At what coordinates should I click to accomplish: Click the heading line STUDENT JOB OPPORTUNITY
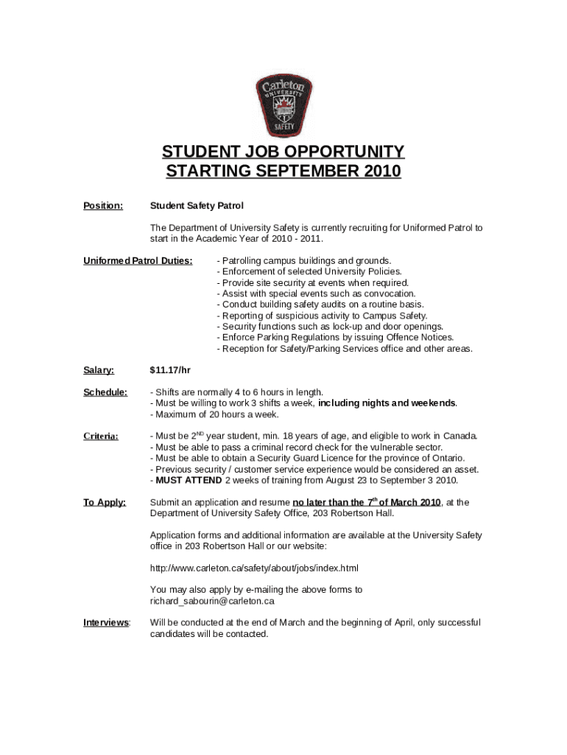click(x=283, y=152)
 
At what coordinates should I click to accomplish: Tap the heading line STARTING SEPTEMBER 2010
click(x=283, y=172)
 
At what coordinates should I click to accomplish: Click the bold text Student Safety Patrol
click(x=197, y=206)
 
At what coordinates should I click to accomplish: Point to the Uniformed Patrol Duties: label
click(x=138, y=260)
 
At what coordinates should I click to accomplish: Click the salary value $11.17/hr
click(x=171, y=370)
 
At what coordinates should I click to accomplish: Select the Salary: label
click(x=99, y=370)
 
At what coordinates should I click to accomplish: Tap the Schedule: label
click(x=105, y=392)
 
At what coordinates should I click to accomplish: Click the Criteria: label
click(x=101, y=436)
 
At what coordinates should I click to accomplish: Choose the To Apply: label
click(x=105, y=502)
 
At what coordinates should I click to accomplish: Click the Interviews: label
click(x=107, y=623)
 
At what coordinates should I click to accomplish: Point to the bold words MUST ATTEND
click(x=189, y=481)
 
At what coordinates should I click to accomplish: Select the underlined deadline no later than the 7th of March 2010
click(x=366, y=502)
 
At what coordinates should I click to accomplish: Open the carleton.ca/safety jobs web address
click(x=254, y=568)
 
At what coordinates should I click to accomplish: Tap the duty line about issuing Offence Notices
click(x=335, y=338)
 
